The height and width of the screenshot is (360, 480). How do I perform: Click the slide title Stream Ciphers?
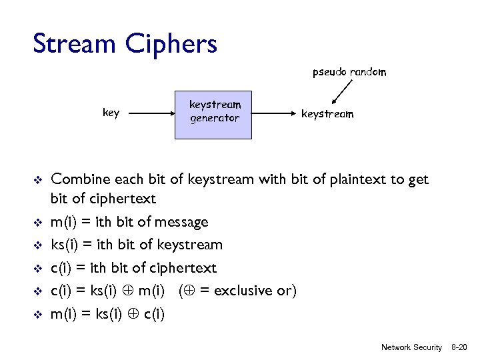125,44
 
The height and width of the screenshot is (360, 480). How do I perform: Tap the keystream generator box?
213,115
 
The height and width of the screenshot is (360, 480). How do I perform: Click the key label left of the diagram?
111,113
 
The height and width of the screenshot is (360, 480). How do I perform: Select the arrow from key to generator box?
151,114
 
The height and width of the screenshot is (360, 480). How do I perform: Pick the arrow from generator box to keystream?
273,114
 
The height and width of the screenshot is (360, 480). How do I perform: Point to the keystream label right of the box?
327,114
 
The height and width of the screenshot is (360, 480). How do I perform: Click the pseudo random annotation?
349,72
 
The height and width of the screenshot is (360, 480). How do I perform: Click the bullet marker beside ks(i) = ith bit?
38,245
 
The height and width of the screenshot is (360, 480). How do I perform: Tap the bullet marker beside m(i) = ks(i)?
38,314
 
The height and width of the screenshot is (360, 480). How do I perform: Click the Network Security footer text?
411,347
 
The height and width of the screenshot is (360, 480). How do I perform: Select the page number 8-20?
461,347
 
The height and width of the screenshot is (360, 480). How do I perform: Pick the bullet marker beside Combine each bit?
38,180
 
